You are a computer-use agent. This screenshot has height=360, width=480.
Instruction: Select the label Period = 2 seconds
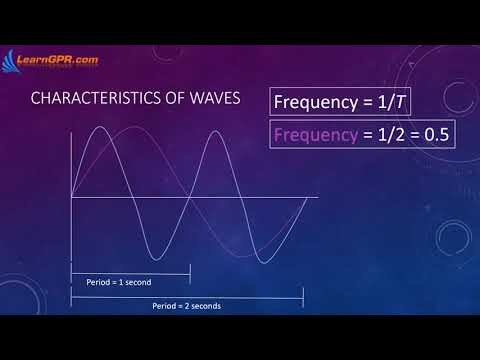click(x=186, y=305)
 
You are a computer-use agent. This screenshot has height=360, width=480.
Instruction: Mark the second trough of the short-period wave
click(x=262, y=262)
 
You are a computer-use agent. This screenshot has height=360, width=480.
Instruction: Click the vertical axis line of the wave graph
click(x=71, y=200)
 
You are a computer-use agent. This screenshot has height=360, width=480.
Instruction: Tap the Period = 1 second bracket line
click(x=130, y=273)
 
